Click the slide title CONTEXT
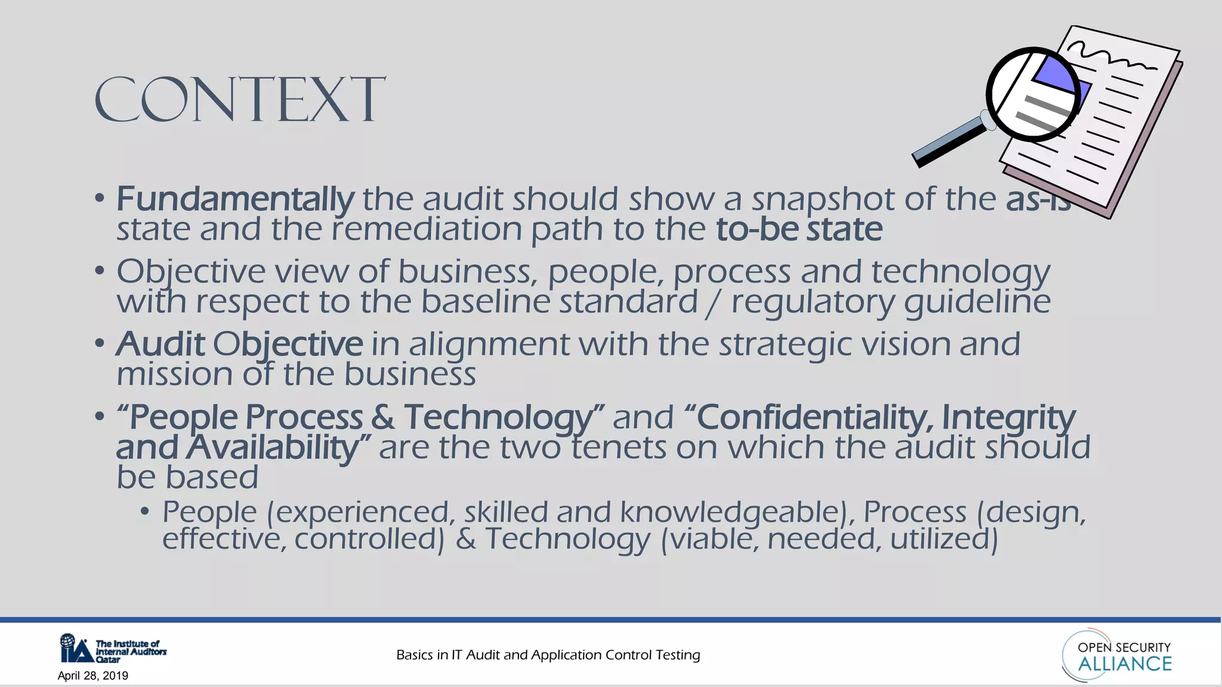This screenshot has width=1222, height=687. point(240,100)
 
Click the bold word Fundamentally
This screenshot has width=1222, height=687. point(235,199)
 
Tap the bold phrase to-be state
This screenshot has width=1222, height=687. point(799,230)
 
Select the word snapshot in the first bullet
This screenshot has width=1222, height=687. point(823,199)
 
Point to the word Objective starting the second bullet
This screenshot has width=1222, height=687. point(190,272)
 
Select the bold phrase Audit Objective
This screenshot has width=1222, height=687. point(239,345)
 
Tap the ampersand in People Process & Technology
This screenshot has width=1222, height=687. point(382,417)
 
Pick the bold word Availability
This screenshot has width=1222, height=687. point(271,448)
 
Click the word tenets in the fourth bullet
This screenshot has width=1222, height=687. point(618,448)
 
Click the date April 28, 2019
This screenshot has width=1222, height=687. point(93,676)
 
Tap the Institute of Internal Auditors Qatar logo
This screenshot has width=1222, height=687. point(113,649)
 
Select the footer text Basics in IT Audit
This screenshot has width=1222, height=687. point(548,655)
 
